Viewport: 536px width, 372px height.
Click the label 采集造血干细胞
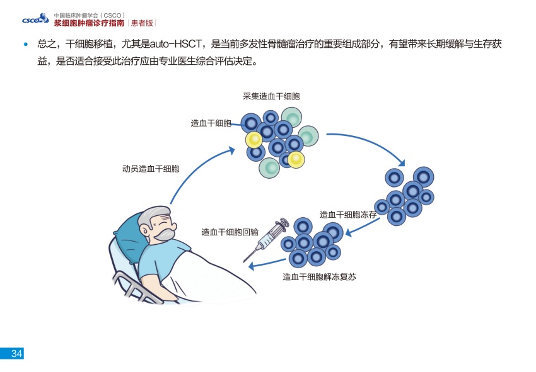coord(271,96)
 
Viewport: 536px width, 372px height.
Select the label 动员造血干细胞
coord(151,169)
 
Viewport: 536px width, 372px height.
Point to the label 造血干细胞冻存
coord(348,215)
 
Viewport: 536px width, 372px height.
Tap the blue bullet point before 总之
coord(26,45)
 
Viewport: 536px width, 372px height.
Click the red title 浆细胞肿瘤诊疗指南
coord(88,23)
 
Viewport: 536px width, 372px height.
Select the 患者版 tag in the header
coord(141,23)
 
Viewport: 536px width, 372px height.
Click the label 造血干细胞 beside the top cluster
coord(211,123)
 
